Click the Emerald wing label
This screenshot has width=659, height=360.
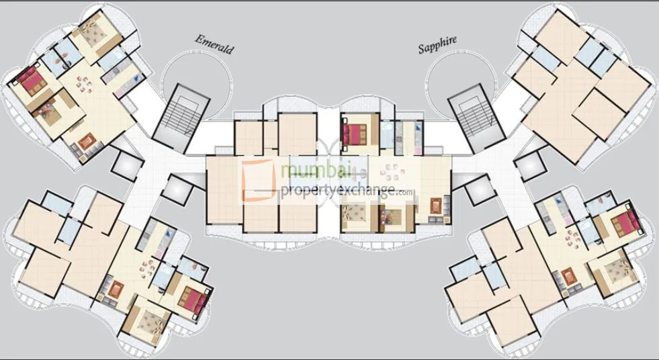(214, 44)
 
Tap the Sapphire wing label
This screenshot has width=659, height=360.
(437, 44)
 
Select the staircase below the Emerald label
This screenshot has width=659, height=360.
(178, 117)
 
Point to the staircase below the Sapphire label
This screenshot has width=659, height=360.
(473, 117)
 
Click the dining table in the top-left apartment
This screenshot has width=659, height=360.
(85, 83)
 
